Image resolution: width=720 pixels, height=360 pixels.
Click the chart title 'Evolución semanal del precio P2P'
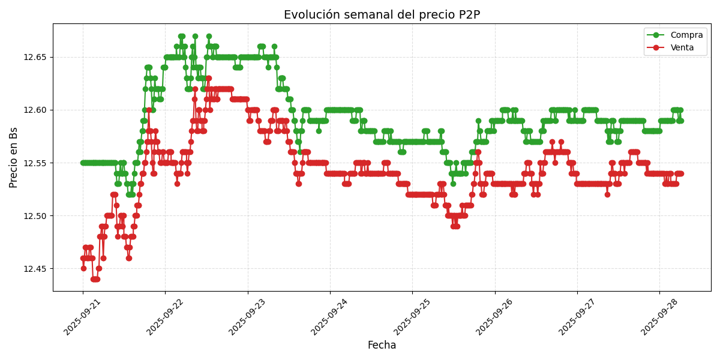click(382, 14)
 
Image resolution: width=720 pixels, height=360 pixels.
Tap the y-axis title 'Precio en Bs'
click(14, 157)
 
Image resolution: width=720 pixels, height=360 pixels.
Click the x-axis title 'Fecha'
click(382, 346)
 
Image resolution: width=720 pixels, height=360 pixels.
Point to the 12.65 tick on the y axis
click(36, 57)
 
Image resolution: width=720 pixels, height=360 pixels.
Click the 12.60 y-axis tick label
click(36, 110)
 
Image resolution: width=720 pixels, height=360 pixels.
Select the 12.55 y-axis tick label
click(36, 163)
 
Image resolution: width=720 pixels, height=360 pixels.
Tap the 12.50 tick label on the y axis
click(36, 215)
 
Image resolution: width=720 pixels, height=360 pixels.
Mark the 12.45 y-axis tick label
click(36, 268)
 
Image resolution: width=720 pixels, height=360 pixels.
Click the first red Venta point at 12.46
click(83, 258)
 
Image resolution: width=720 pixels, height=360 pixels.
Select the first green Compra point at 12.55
click(83, 163)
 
